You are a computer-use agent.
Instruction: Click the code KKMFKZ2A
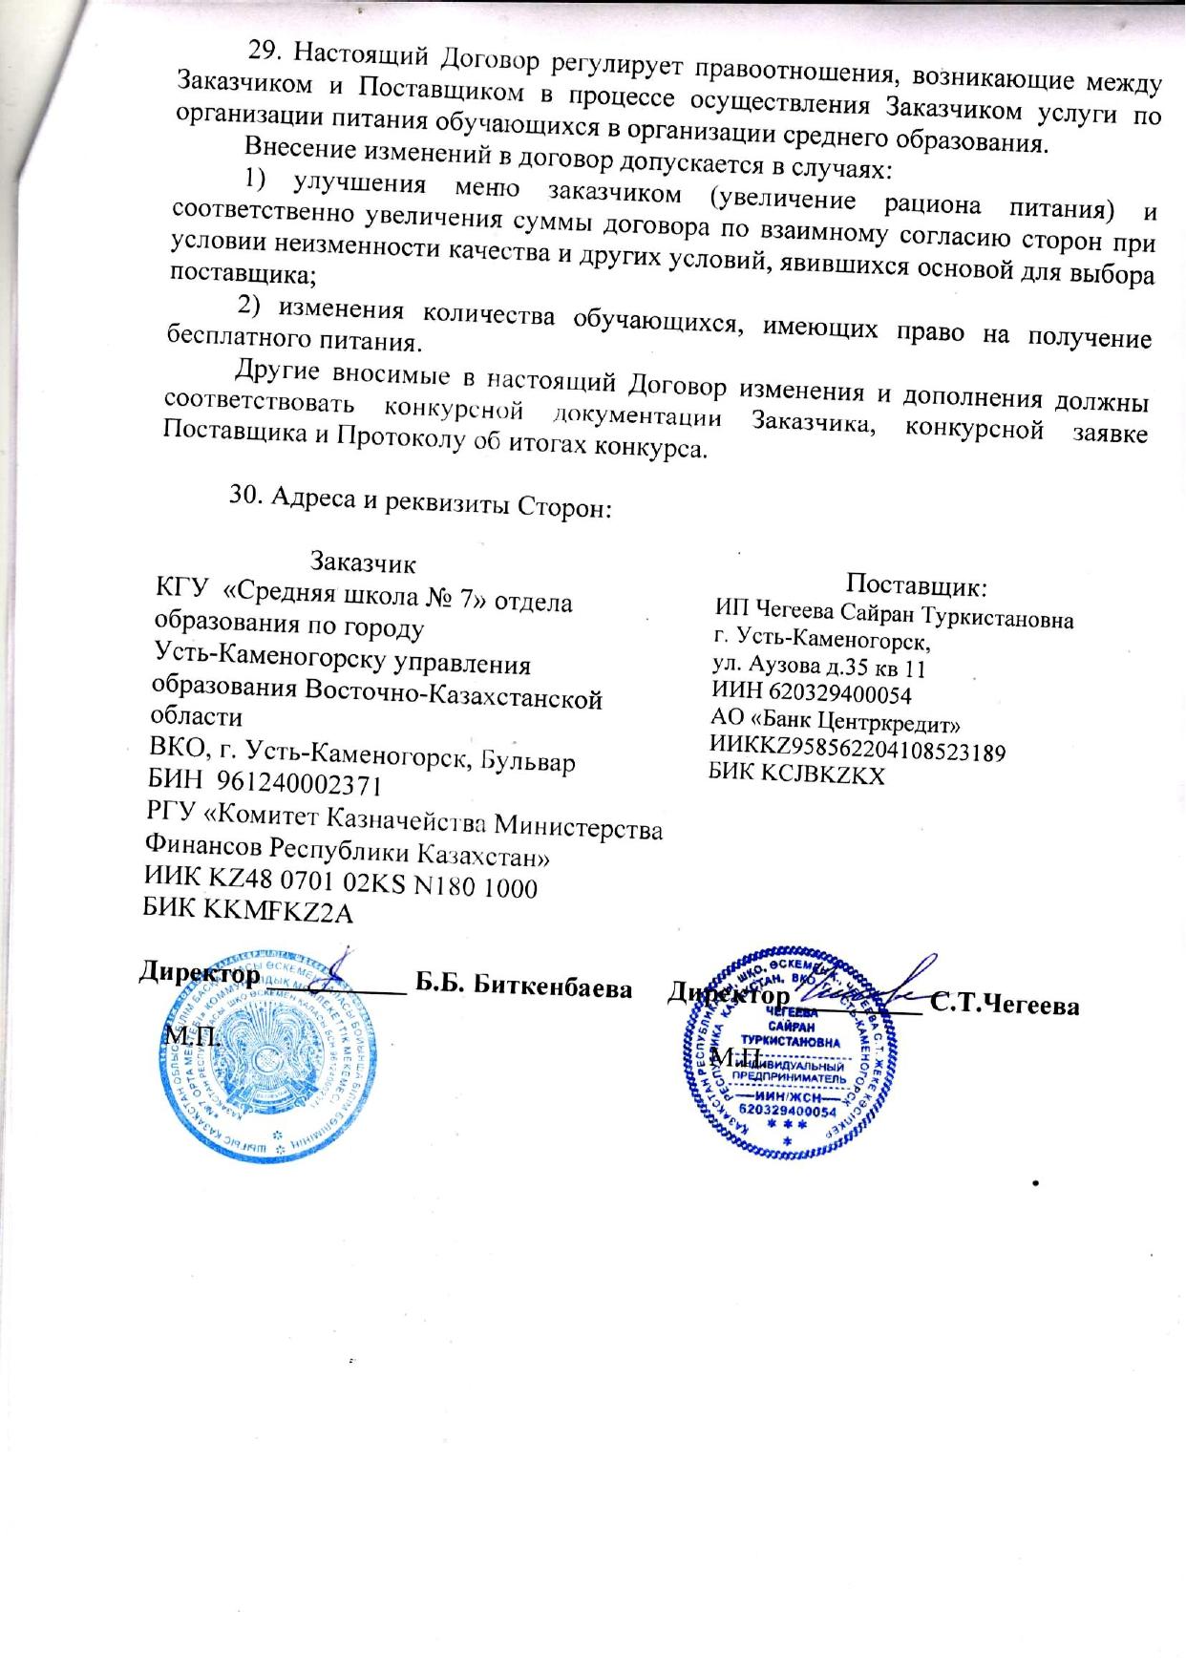coord(278,912)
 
